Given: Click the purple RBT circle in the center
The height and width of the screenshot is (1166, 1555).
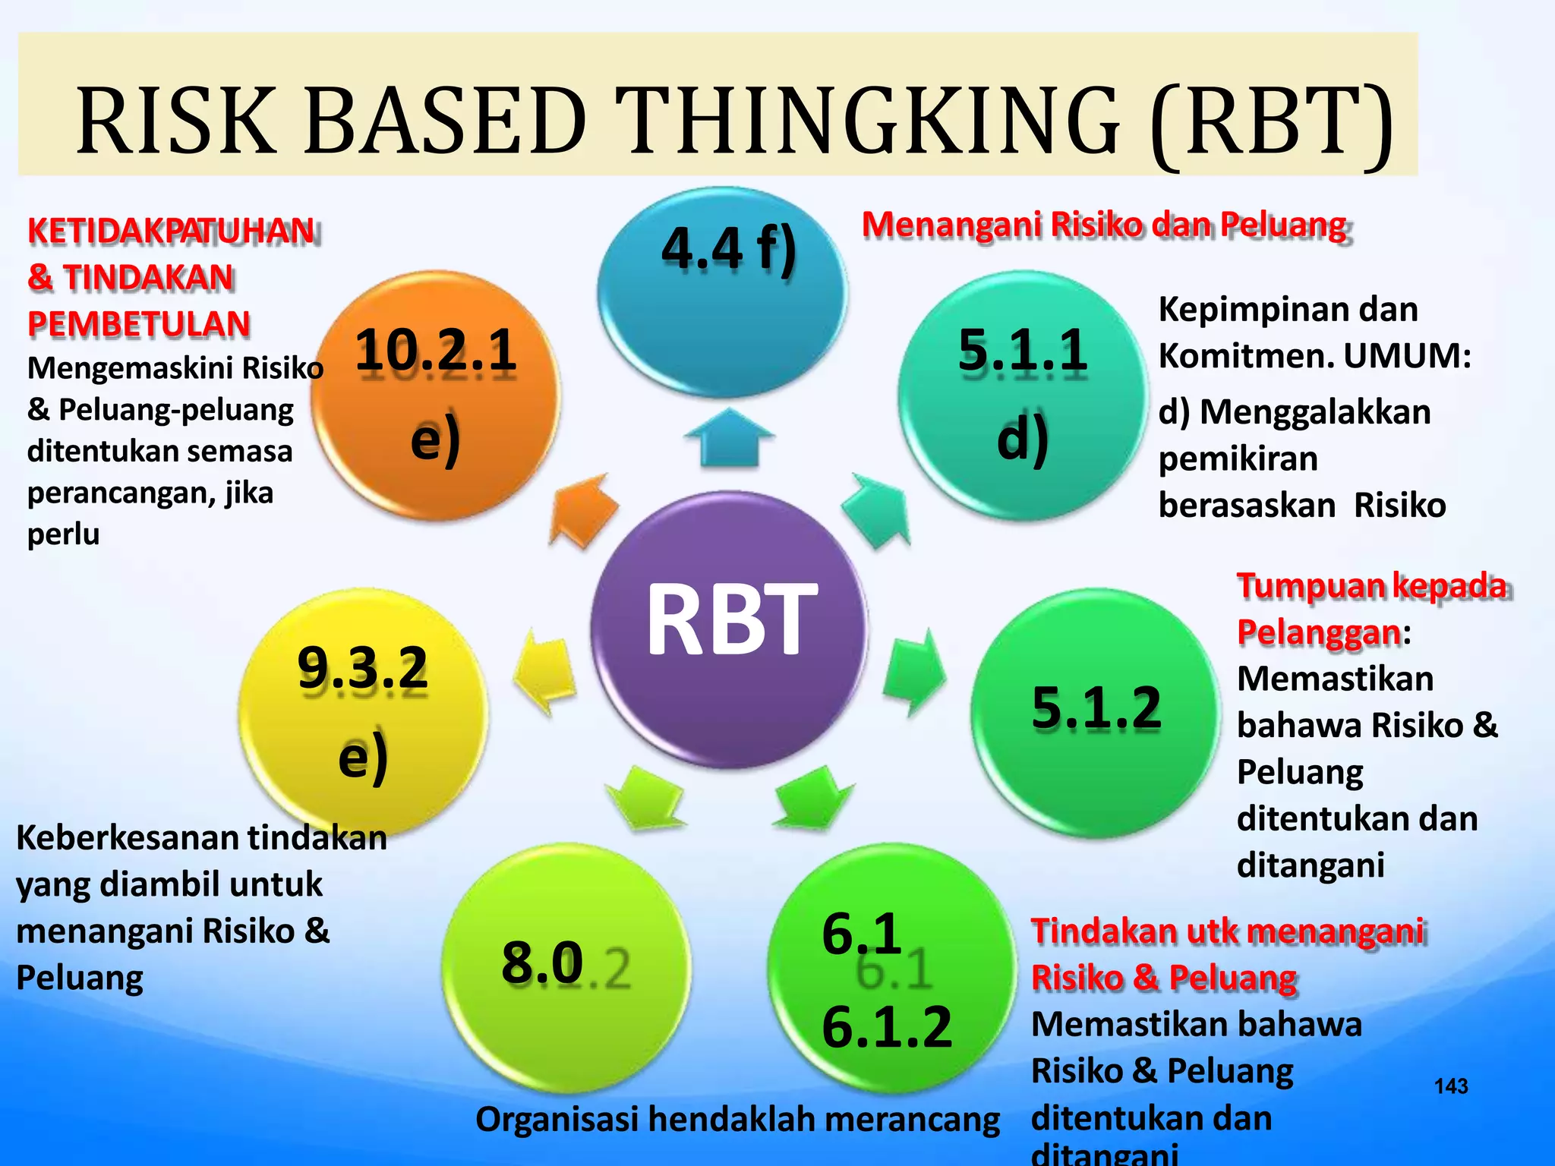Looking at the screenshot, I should click(x=729, y=630).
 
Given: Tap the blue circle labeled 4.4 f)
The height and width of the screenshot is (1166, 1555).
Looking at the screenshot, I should click(x=723, y=292).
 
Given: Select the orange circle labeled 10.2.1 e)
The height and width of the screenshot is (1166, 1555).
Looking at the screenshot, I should click(x=437, y=395).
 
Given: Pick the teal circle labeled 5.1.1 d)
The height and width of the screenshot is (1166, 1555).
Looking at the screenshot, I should click(x=1021, y=395).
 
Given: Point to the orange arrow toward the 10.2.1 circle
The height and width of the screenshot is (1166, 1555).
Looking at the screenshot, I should click(x=583, y=509).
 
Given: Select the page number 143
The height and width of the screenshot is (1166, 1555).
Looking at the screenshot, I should click(x=1451, y=1086).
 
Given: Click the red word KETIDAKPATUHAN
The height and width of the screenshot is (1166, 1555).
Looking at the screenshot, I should click(x=172, y=231).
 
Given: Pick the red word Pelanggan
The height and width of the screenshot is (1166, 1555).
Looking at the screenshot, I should click(x=1319, y=632).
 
